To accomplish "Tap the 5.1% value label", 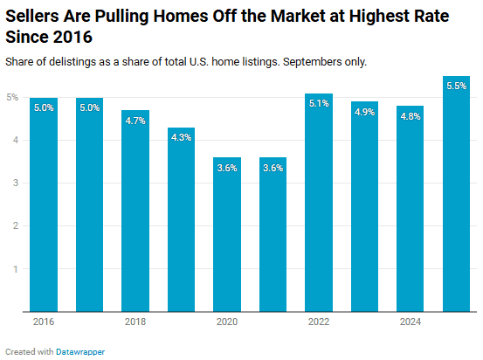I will pos(319,103).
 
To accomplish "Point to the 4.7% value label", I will pos(135,121).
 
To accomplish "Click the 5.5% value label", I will pos(456,87).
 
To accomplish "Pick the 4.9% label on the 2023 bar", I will pos(364,112).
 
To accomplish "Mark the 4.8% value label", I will pos(410,116).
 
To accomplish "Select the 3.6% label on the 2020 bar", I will pos(227,168).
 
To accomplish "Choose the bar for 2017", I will pos(89,204).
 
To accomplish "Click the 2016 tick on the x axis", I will pos(43,322).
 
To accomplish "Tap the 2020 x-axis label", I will pos(227,322).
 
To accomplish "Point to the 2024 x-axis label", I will pos(410,322).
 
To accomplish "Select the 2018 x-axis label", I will pos(135,322).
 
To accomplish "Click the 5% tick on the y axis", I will pos(14,97).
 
